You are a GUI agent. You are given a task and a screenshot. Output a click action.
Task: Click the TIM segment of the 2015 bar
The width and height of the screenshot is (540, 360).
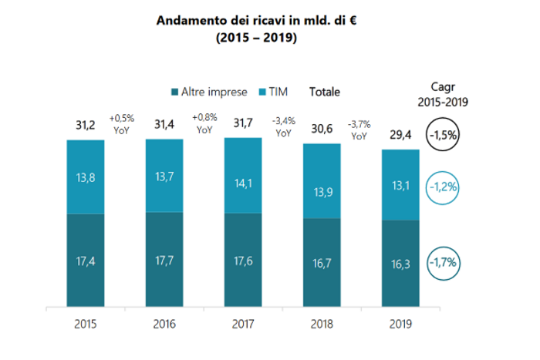tap(86, 177)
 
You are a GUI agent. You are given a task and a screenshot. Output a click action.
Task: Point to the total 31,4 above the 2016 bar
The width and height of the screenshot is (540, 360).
tap(164, 125)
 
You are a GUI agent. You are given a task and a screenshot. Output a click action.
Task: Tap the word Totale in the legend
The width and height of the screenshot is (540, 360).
tap(325, 93)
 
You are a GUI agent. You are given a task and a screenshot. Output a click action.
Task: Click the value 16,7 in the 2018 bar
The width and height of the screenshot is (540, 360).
tap(322, 261)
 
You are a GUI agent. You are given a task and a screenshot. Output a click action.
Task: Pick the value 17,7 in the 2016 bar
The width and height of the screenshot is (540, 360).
tap(164, 260)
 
